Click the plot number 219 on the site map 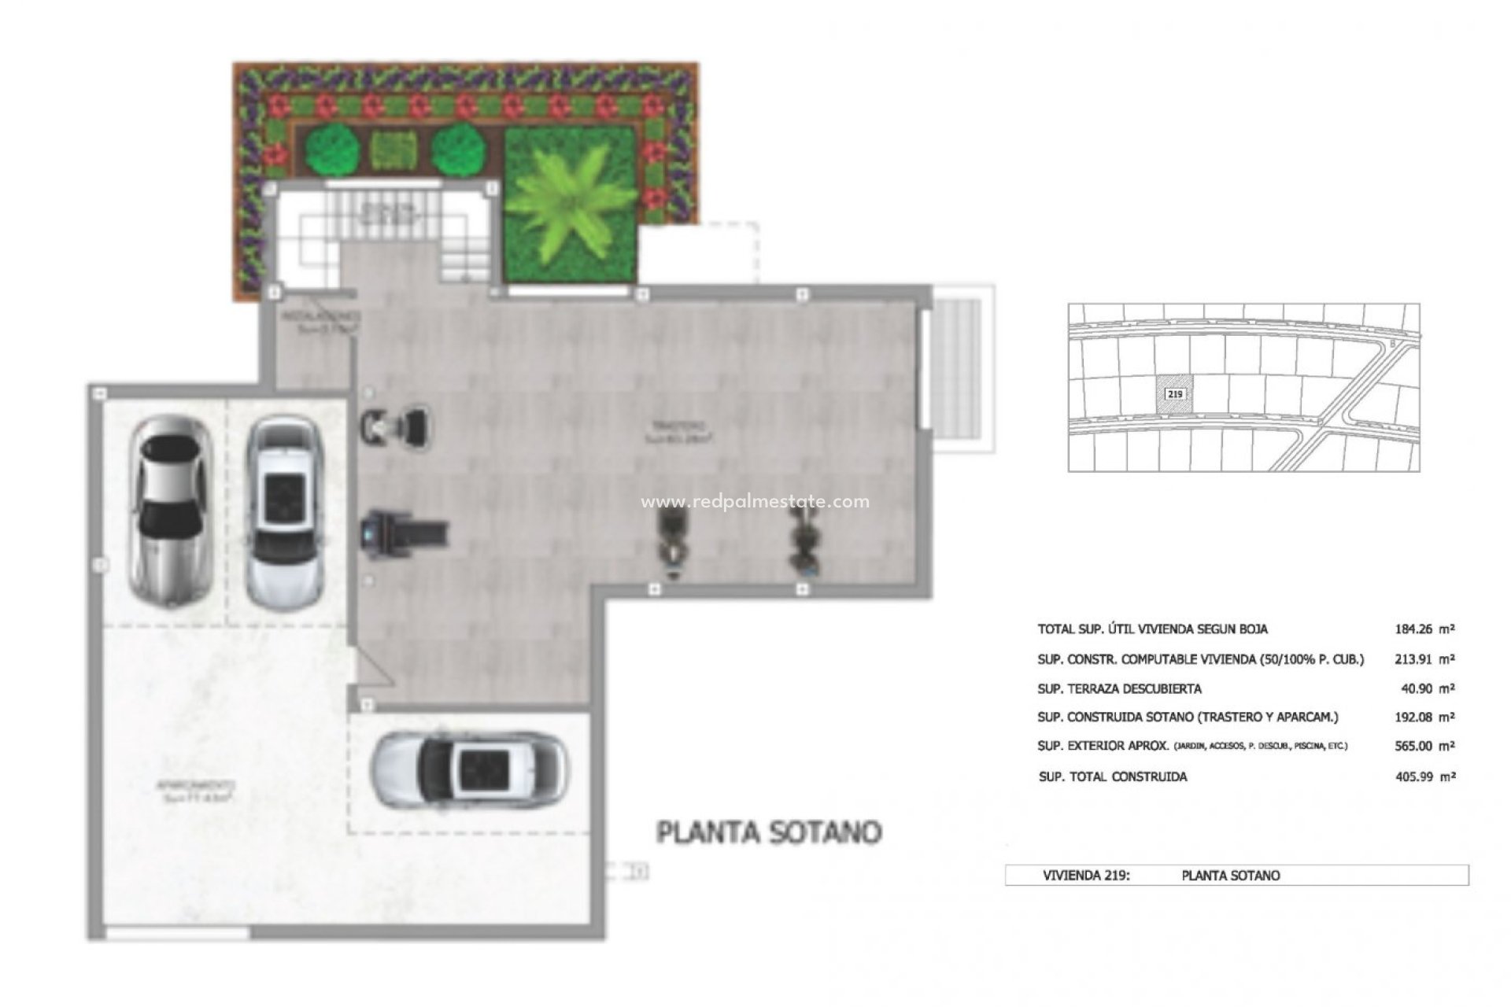pos(1175,393)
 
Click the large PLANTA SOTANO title pos(769,832)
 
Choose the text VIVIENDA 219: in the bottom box pos(1086,875)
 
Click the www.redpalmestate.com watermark pos(755,501)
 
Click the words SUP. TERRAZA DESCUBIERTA pos(1119,688)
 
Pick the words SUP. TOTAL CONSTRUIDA pos(1113,776)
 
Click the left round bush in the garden pos(330,149)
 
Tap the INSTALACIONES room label pos(321,319)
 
